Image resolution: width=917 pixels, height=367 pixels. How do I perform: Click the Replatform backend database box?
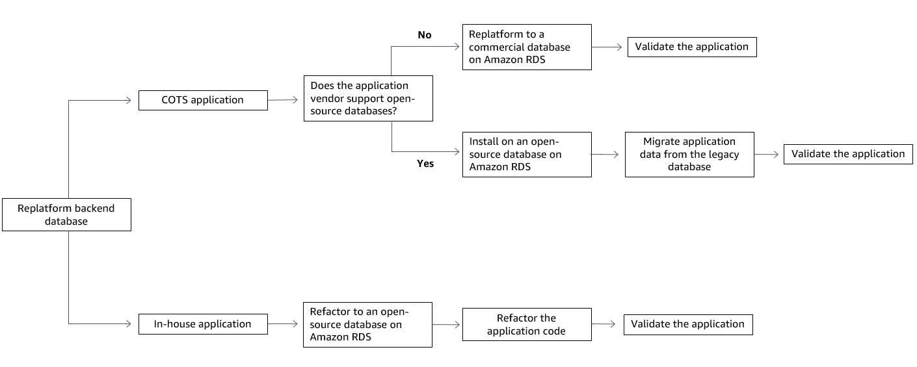tap(66, 214)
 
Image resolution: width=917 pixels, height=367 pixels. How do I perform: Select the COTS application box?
tap(203, 100)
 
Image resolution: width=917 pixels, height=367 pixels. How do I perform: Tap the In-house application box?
tap(203, 324)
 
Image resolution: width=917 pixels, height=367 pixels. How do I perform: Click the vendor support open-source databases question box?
tap(368, 98)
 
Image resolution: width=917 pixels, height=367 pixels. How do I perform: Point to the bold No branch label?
tap(424, 35)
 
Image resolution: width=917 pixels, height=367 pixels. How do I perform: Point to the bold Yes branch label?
tap(425, 164)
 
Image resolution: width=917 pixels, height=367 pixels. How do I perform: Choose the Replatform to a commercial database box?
tap(527, 47)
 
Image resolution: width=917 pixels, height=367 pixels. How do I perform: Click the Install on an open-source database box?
tap(527, 155)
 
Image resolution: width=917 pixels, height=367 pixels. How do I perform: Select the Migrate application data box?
tap(689, 155)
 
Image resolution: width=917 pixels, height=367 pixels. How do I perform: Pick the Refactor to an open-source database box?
tap(368, 324)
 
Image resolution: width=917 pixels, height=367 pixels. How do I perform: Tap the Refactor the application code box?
tap(527, 324)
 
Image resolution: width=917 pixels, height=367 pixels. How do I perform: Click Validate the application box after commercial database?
tap(692, 47)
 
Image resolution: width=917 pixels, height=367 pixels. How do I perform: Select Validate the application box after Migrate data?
tap(848, 154)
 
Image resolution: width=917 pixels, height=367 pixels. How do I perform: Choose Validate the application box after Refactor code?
tap(688, 324)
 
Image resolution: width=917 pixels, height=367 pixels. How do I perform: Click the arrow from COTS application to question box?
tap(286, 100)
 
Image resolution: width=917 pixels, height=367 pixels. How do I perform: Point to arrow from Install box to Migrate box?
tap(608, 155)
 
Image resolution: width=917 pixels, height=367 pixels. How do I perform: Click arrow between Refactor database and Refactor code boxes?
tap(447, 324)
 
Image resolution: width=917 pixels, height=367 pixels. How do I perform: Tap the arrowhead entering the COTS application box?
tap(128, 100)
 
